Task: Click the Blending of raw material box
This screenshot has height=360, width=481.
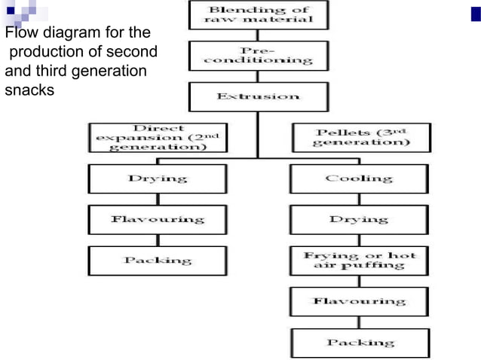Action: pos(259,15)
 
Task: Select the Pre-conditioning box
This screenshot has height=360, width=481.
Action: pos(259,56)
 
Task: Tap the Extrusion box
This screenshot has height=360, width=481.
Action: pos(259,97)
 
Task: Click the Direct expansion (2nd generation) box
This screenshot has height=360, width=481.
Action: pos(158,138)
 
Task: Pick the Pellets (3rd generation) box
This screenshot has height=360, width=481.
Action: pos(362,138)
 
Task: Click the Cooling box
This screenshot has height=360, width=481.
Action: pos(359,178)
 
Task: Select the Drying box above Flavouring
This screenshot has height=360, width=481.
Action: pos(158,178)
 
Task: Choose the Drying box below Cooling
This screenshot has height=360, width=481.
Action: pos(359,220)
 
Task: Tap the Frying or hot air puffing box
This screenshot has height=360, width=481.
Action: pos(359,261)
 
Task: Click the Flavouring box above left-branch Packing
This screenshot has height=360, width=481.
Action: pos(158,220)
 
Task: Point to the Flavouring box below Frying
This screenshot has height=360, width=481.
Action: pos(359,301)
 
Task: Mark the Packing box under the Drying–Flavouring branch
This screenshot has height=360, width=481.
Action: pos(158,261)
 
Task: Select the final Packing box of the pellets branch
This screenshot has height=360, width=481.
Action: pos(360,343)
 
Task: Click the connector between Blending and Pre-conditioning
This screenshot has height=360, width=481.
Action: pos(258,35)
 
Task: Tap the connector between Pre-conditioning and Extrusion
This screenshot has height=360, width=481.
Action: pos(258,77)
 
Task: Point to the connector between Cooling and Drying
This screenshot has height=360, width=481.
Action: pos(359,200)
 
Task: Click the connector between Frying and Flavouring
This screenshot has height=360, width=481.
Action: pos(359,281)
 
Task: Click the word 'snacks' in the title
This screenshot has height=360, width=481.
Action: pos(29,90)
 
